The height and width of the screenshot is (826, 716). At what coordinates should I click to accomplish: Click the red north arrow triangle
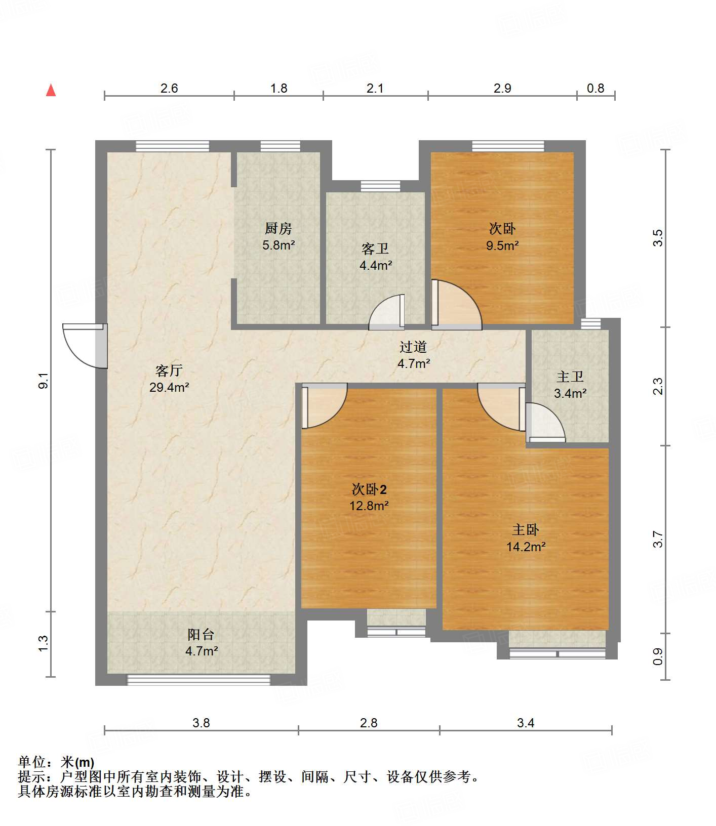[x=51, y=90]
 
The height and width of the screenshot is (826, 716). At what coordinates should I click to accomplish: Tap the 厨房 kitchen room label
[x=278, y=229]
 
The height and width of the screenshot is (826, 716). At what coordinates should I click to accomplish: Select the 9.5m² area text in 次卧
[x=502, y=246]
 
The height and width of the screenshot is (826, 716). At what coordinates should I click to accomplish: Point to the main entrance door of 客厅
[x=85, y=346]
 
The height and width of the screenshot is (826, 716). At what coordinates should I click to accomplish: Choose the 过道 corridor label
[x=413, y=347]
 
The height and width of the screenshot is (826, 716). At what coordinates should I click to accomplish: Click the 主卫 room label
[x=570, y=377]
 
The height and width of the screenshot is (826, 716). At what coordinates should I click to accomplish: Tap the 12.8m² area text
[x=369, y=506]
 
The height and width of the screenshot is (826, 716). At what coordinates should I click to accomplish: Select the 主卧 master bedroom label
[x=526, y=530]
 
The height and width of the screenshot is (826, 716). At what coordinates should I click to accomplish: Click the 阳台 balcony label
[x=201, y=634]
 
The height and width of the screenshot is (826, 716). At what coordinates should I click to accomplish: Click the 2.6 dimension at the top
[x=169, y=89]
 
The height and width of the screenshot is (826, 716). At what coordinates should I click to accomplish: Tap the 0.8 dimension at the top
[x=595, y=89]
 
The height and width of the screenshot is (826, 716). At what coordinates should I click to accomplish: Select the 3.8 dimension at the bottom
[x=201, y=723]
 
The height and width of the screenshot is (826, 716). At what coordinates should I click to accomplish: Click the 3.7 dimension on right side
[x=658, y=539]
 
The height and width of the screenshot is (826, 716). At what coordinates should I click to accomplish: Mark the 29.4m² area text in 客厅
[x=169, y=388]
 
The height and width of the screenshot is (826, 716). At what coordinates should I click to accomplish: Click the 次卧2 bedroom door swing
[x=325, y=406]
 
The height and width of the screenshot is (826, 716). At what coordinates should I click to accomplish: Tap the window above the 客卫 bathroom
[x=380, y=186]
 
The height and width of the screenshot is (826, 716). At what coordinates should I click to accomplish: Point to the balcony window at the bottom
[x=198, y=680]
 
